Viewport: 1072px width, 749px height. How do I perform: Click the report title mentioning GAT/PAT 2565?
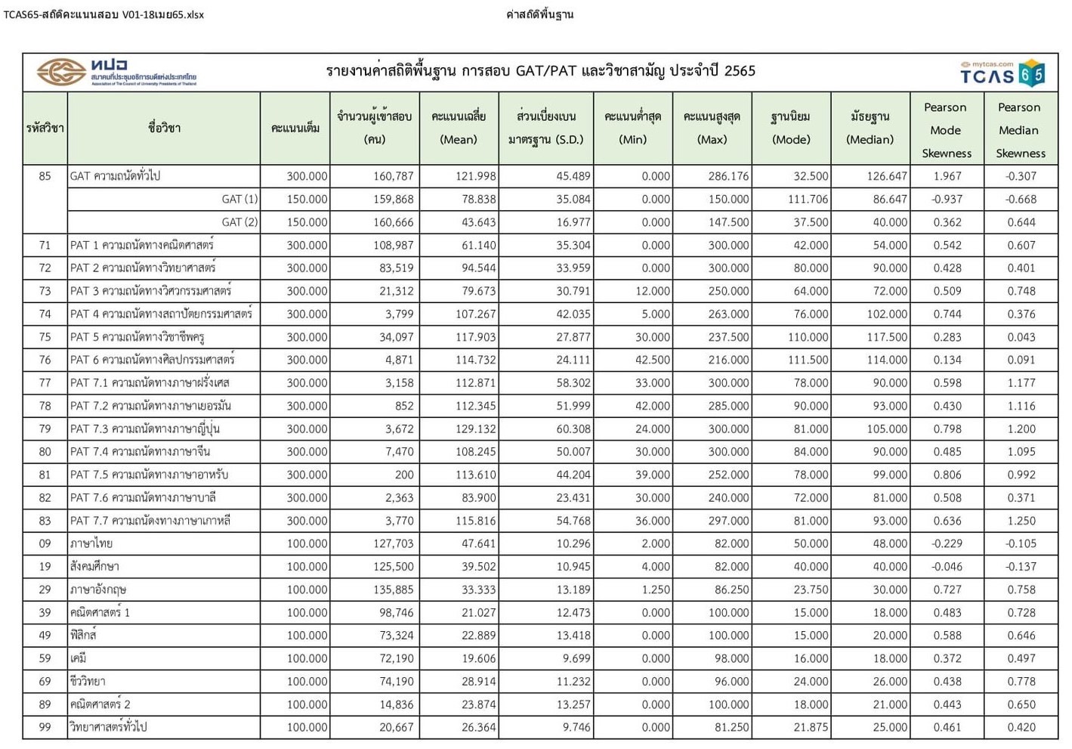click(540, 71)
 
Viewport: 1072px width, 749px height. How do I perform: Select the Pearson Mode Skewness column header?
click(946, 130)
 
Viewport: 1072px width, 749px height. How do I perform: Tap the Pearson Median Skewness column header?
click(1019, 130)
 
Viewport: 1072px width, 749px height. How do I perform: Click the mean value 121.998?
click(475, 176)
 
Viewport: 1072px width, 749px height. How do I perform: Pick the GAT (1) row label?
click(239, 199)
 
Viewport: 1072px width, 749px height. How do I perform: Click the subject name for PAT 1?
click(142, 245)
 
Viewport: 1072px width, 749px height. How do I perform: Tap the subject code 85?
click(45, 176)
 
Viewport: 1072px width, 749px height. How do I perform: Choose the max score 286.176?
click(728, 176)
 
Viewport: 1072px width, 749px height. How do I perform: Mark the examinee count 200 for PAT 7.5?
click(404, 475)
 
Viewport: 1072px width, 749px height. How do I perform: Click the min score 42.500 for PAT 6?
click(652, 360)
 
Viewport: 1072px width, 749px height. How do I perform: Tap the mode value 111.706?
click(807, 199)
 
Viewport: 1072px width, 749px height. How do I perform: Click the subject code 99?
click(45, 727)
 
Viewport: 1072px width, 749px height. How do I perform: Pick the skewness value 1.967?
click(947, 176)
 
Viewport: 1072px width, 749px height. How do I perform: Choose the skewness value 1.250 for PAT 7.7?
click(1021, 521)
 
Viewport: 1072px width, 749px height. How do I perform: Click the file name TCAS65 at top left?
click(103, 14)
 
